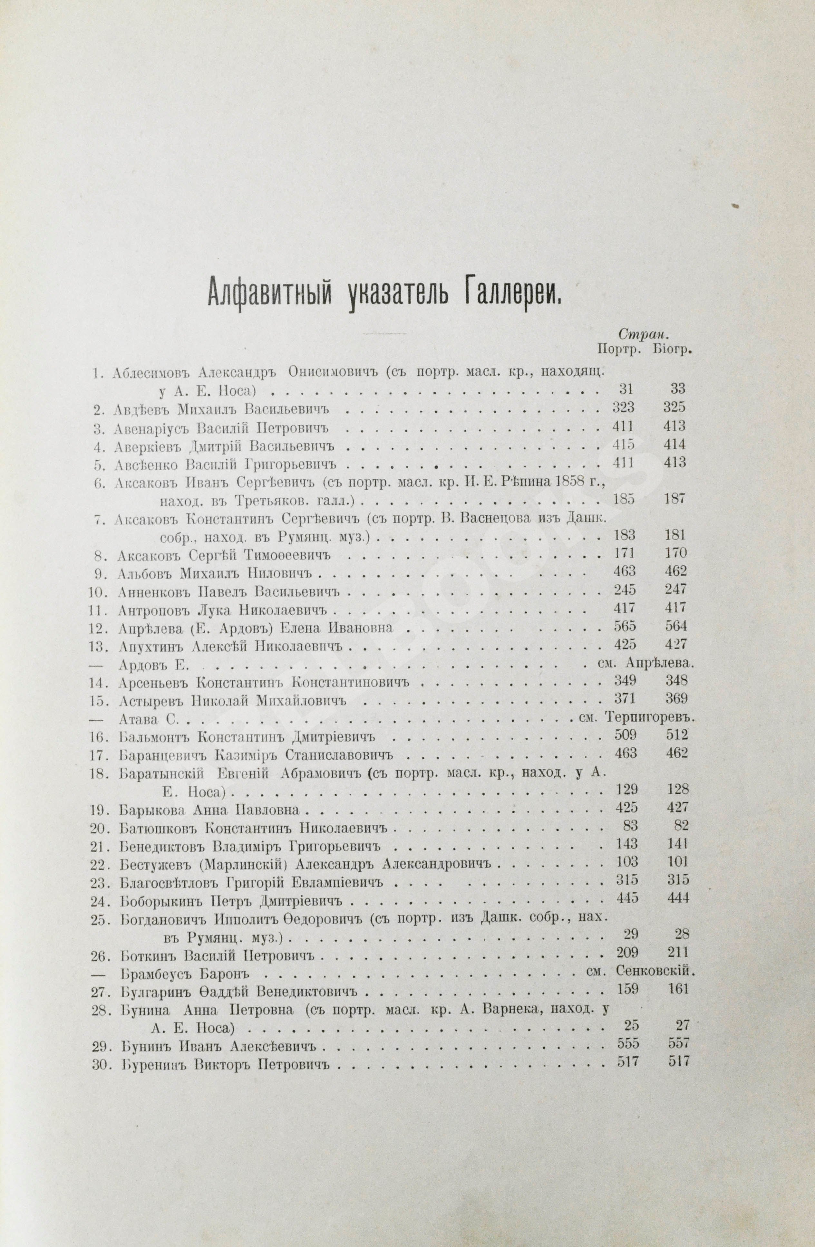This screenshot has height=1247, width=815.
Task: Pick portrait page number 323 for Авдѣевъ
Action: pyautogui.click(x=623, y=407)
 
